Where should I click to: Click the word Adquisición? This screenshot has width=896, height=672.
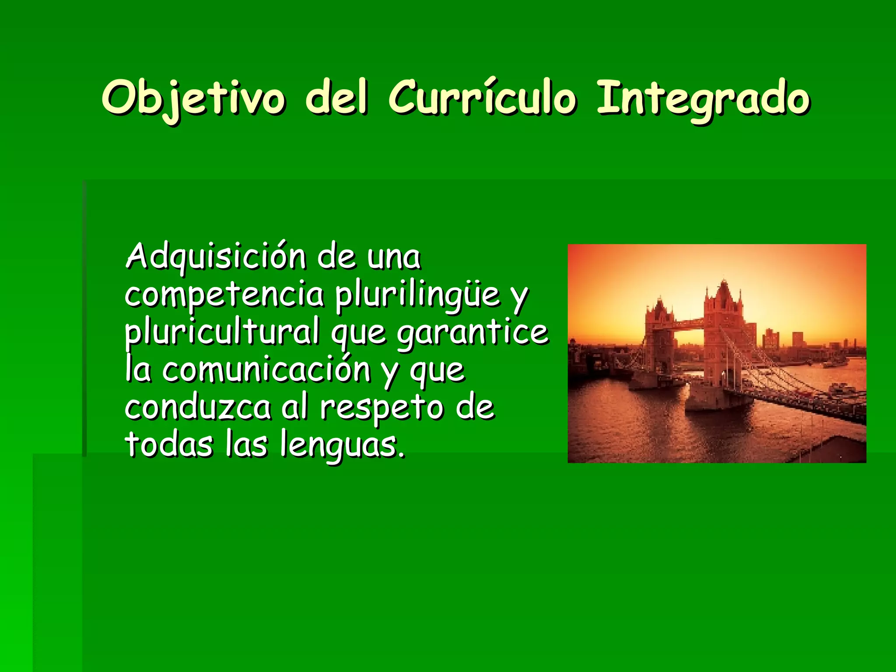[216, 257]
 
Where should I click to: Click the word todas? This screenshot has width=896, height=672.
[168, 445]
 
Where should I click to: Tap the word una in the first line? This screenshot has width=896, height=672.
[394, 257]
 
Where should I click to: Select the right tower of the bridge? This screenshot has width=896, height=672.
[723, 332]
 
